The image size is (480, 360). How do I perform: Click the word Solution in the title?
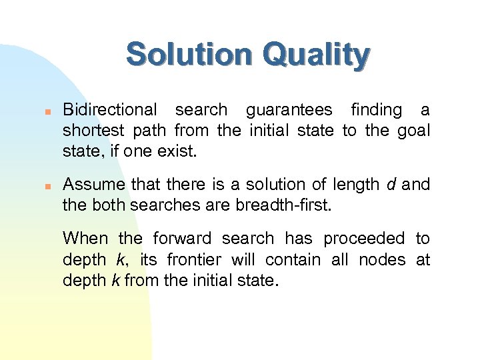point(189,55)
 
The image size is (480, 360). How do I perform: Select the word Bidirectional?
point(110,110)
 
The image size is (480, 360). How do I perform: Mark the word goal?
point(413,131)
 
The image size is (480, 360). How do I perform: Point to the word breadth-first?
point(285,205)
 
